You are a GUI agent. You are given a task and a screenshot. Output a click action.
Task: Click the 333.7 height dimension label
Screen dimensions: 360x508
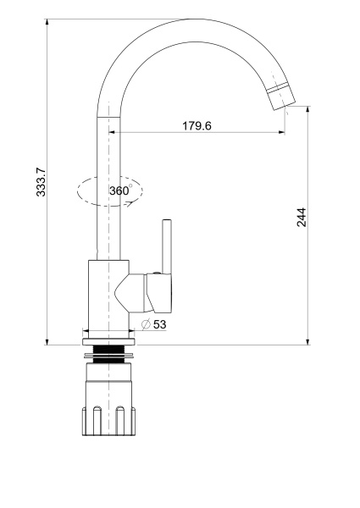coord(42,181)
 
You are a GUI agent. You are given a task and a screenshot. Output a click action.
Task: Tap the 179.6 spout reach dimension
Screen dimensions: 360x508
coord(197,125)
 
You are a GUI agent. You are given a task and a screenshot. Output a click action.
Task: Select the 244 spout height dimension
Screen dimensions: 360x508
coord(302,217)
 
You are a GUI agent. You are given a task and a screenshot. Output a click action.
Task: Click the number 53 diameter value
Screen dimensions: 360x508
coord(160,324)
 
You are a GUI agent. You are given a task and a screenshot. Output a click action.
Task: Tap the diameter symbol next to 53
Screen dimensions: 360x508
coord(147,324)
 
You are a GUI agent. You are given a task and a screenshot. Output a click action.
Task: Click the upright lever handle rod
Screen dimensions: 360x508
coord(167,246)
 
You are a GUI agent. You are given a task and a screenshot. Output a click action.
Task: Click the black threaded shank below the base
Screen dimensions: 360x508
coord(108,355)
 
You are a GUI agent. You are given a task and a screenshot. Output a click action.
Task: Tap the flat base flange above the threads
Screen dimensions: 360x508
coord(108,342)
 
